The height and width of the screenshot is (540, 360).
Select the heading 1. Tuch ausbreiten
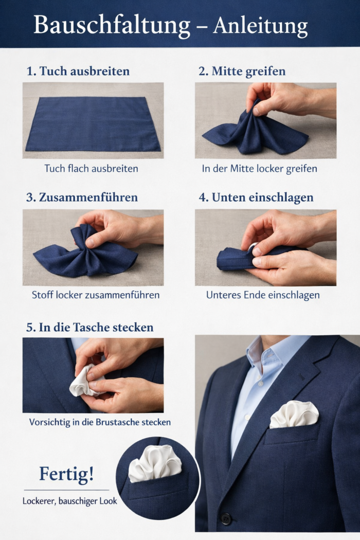click(78, 71)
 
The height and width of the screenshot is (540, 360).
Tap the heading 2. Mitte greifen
click(242, 71)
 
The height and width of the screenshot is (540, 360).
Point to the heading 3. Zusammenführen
click(82, 197)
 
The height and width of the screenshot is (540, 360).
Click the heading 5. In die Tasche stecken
click(89, 327)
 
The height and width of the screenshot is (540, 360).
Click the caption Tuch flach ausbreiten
click(91, 168)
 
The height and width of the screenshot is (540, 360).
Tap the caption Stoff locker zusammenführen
click(96, 295)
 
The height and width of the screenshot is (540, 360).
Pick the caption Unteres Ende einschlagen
click(263, 295)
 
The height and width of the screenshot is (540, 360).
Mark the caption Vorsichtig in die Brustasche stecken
click(100, 422)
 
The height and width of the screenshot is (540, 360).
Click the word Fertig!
click(67, 474)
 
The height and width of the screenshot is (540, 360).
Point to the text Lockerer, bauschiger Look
click(69, 500)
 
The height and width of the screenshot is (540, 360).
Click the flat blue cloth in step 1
click(93, 123)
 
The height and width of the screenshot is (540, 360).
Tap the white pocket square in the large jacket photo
click(294, 414)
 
